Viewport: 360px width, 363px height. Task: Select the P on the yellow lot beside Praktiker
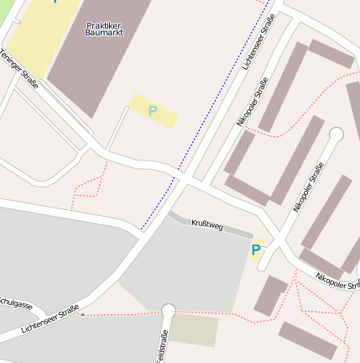pyautogui.click(x=153, y=111)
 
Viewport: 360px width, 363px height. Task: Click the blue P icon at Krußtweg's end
pyautogui.click(x=255, y=250)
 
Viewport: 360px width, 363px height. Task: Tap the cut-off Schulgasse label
pyautogui.click(x=15, y=304)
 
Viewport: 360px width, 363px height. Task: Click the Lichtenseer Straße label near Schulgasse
pyautogui.click(x=50, y=322)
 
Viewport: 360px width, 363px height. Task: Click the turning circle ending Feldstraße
pyautogui.click(x=168, y=311)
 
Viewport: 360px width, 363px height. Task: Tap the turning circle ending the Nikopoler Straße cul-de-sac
pyautogui.click(x=337, y=134)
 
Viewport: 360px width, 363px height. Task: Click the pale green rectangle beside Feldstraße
pyautogui.click(x=195, y=330)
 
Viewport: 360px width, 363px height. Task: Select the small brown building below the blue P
pyautogui.click(x=271, y=296)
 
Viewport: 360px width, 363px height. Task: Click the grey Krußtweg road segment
pyautogui.click(x=227, y=229)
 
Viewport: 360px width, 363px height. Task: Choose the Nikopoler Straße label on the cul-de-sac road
pyautogui.click(x=308, y=187)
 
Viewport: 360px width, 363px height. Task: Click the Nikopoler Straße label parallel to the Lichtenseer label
pyautogui.click(x=252, y=101)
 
